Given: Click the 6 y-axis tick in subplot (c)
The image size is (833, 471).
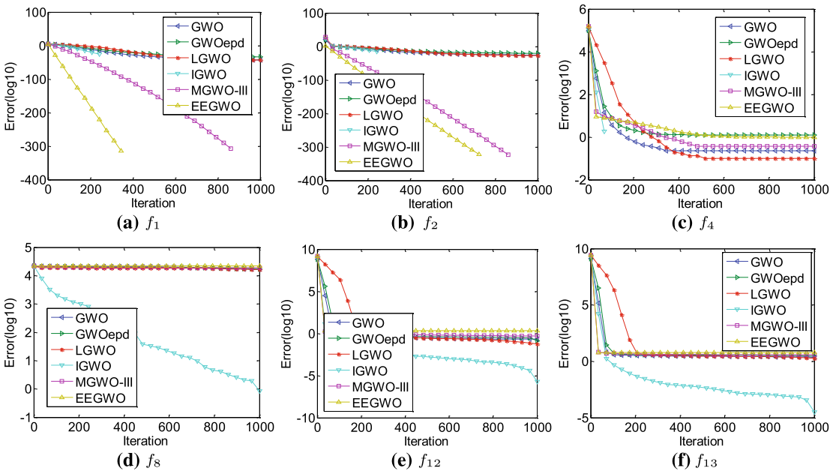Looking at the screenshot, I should (x=577, y=8).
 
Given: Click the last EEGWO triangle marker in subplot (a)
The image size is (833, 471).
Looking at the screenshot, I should (x=121, y=151).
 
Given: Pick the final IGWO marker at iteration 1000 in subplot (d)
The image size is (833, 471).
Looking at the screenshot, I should (x=259, y=390).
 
